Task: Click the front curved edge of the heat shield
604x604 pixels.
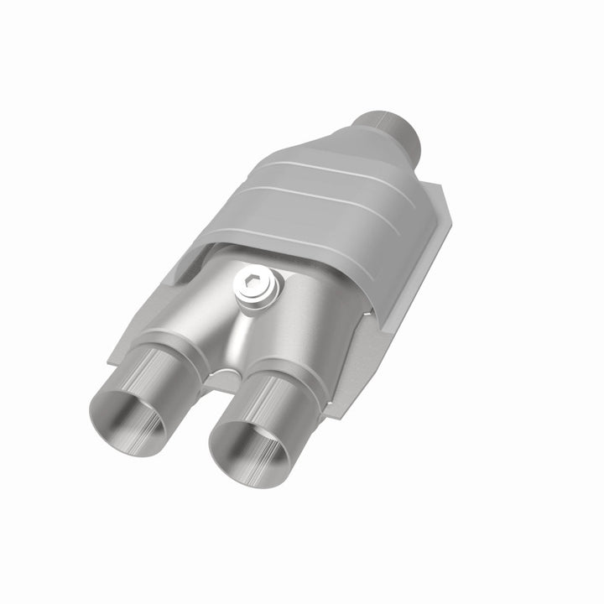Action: [285, 252]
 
